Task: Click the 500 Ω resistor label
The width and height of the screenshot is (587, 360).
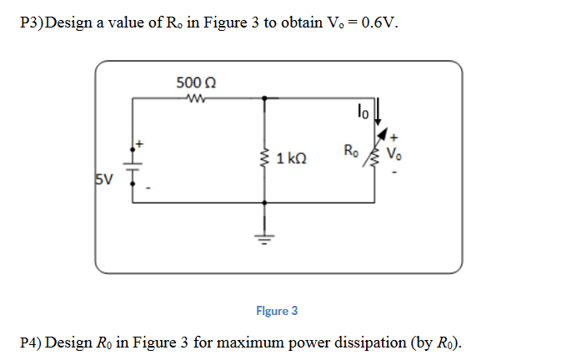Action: click(x=197, y=82)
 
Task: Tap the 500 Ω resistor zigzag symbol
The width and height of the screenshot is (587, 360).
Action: click(x=198, y=97)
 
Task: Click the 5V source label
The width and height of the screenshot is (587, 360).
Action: click(x=103, y=178)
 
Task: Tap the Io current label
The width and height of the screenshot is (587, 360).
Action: click(x=361, y=108)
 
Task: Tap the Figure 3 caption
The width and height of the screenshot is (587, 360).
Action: click(x=277, y=311)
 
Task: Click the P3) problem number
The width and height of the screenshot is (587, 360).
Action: click(x=30, y=22)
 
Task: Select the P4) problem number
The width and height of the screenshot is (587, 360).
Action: click(x=31, y=342)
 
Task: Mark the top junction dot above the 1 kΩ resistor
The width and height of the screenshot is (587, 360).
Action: click(x=265, y=97)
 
